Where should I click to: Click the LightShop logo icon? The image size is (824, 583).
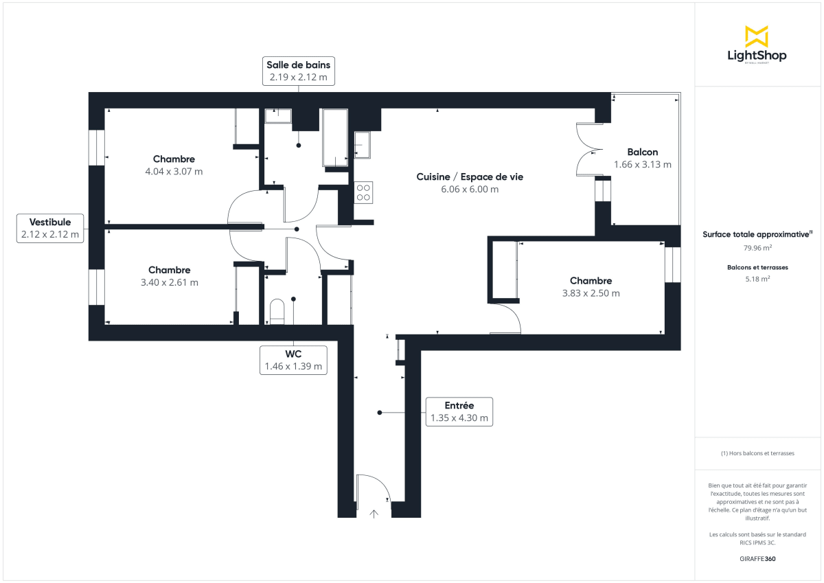coord(757,36)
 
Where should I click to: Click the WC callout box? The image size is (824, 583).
coord(293,360)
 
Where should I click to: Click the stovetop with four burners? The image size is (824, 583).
coord(363,192)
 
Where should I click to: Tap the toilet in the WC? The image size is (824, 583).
coord(277,311)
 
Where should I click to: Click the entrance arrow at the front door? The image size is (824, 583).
coord(374,512)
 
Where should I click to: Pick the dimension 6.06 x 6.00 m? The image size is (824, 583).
coord(470,190)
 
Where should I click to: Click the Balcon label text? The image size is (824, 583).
coord(642,152)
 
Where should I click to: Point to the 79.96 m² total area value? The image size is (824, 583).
coord(756,247)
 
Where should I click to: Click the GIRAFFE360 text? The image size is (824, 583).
coord(757,559)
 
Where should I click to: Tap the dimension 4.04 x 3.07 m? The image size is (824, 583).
coord(174,172)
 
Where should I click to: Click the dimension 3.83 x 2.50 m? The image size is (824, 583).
coord(591,293)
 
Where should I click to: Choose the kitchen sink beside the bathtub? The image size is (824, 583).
coord(362,145)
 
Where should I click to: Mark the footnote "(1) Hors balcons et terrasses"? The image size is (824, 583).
coord(757,453)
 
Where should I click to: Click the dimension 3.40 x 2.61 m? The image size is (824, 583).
coord(169,282)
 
